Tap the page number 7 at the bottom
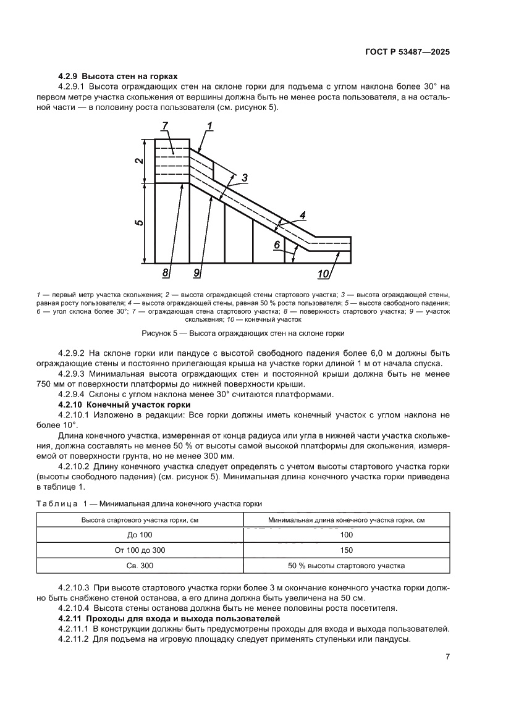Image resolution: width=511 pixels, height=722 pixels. (x=447, y=657)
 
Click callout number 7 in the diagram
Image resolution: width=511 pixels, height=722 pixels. (x=165, y=126)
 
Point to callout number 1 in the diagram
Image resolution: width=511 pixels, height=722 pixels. (x=209, y=126)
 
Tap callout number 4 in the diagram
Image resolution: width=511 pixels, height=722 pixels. (x=302, y=215)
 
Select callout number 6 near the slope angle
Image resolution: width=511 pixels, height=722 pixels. (x=277, y=245)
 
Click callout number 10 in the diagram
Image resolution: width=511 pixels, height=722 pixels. (x=323, y=272)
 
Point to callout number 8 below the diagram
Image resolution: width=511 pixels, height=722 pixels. (x=166, y=272)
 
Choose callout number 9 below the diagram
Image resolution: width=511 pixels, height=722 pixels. (x=196, y=272)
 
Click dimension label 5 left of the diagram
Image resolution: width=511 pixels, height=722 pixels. (x=140, y=223)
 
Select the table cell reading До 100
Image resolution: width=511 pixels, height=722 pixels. (x=140, y=535)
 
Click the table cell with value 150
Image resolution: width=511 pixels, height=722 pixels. (x=346, y=550)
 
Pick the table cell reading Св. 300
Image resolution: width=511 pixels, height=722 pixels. (x=140, y=565)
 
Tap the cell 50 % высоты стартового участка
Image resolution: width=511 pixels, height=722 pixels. (x=346, y=565)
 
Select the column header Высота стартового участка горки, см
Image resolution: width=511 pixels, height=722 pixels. (x=140, y=520)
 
